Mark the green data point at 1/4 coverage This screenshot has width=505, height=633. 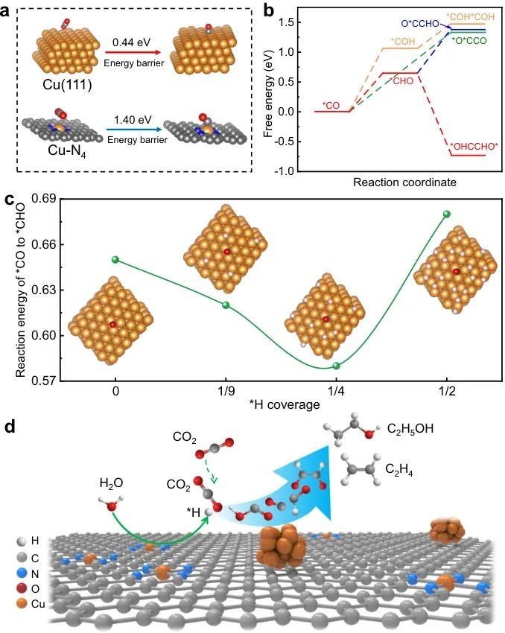coord(336,366)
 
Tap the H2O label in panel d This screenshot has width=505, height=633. coord(111,486)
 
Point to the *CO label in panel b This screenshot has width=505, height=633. coord(331,105)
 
